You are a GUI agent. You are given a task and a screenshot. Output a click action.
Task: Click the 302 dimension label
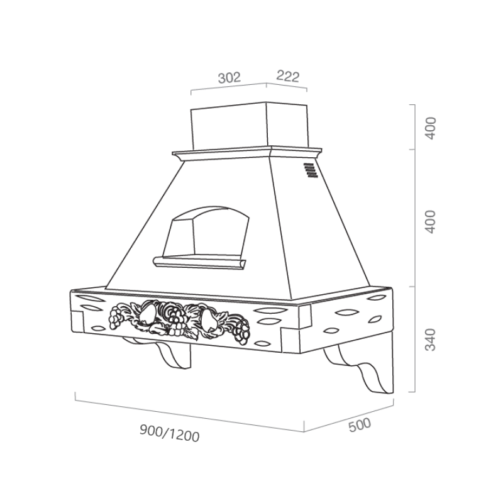click(x=229, y=77)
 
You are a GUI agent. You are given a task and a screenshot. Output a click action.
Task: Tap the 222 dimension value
click(x=288, y=76)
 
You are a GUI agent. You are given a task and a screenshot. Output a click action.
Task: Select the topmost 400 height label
click(x=431, y=128)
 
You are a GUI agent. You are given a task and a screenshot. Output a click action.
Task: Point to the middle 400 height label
click(x=431, y=222)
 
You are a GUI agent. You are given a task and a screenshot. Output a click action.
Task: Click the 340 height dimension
click(x=431, y=340)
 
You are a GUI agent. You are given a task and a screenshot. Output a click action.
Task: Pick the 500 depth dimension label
click(x=360, y=425)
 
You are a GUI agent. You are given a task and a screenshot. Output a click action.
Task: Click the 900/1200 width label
click(x=169, y=433)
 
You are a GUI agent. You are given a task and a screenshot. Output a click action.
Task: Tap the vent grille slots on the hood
click(x=310, y=170)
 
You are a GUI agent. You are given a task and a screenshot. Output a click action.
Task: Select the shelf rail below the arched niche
click(x=199, y=262)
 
